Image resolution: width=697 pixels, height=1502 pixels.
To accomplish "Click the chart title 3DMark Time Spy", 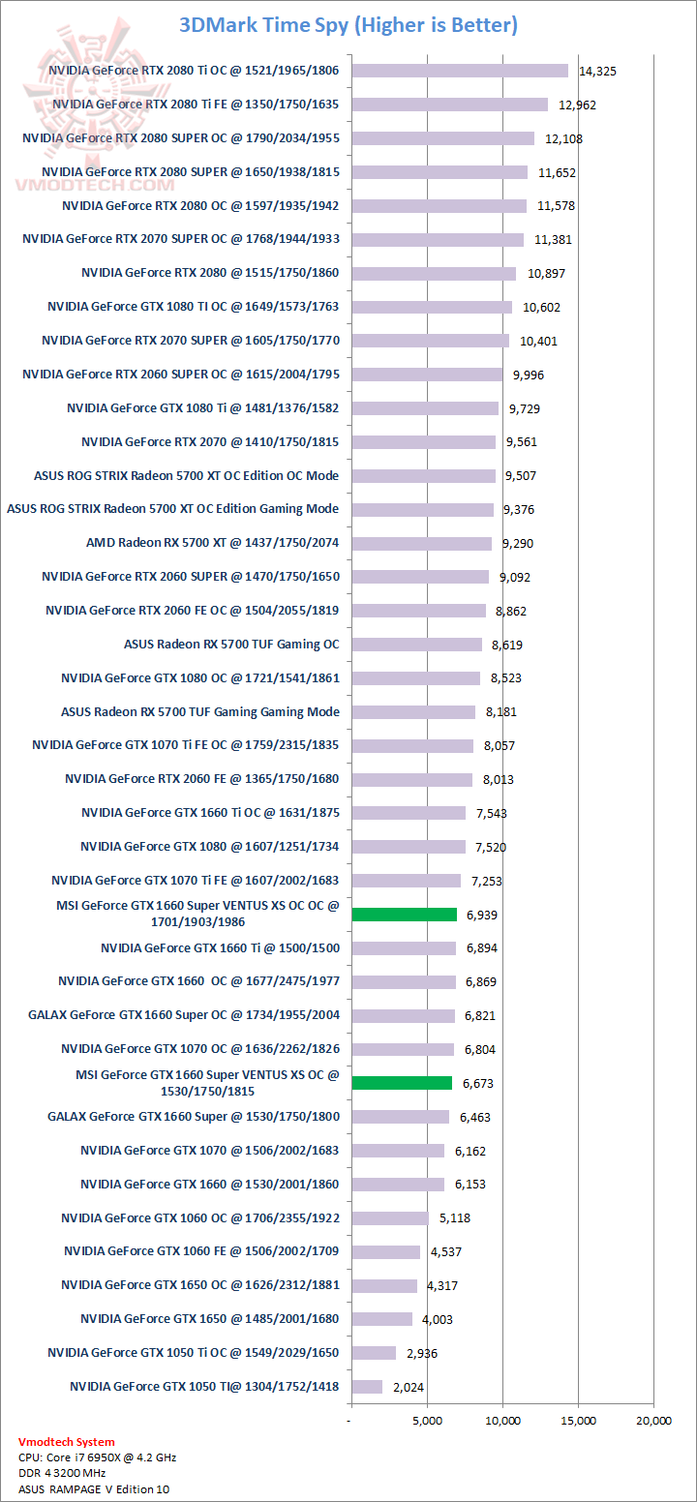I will click(348, 25).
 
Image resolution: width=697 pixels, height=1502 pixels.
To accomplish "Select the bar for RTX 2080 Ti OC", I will click(460, 70).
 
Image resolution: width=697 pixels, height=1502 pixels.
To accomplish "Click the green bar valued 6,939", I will click(405, 915).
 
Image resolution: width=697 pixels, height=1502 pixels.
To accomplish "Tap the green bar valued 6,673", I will click(402, 1083).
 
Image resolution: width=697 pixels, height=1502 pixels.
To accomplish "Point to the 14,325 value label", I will click(597, 71).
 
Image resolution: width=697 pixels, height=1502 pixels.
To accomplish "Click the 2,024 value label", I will click(409, 1387).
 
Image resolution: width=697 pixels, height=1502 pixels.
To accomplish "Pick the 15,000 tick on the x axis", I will click(578, 1421).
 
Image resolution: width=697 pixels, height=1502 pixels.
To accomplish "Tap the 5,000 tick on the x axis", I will click(427, 1421).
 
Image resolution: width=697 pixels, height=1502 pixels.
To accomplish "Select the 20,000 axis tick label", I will click(653, 1421).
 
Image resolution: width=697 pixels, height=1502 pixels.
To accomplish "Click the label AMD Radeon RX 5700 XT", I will click(212, 543).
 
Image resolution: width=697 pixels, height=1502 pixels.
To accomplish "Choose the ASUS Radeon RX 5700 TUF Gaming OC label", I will click(231, 645).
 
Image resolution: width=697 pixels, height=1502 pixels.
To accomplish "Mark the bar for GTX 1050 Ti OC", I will click(374, 1352).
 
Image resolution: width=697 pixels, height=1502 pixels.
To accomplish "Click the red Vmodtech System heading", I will click(66, 1442).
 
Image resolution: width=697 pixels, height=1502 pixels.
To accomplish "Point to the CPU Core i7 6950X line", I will click(97, 1457).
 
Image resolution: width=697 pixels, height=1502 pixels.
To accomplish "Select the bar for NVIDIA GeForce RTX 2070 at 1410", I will click(424, 441).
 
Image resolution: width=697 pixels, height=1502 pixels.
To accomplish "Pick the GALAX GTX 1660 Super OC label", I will click(184, 1015).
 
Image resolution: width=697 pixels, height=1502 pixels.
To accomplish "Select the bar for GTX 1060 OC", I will click(390, 1217).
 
